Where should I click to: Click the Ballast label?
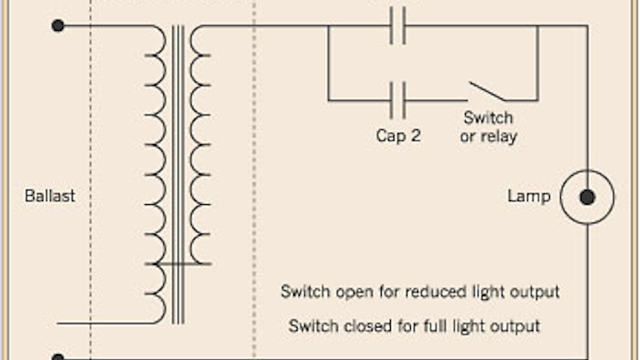pyautogui.click(x=50, y=197)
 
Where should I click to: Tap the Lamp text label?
pyautogui.click(x=529, y=197)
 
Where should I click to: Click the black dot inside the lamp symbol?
pyautogui.click(x=587, y=197)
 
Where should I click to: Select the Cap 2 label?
pyautogui.click(x=397, y=135)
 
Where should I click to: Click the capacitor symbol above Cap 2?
pyautogui.click(x=398, y=101)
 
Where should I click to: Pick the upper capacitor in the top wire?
pyautogui.click(x=398, y=27)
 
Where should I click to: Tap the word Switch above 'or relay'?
pyautogui.click(x=488, y=117)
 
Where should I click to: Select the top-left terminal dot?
pyautogui.click(x=57, y=26)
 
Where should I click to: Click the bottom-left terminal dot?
pyautogui.click(x=57, y=357)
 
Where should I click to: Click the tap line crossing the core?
pyautogui.click(x=178, y=264)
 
